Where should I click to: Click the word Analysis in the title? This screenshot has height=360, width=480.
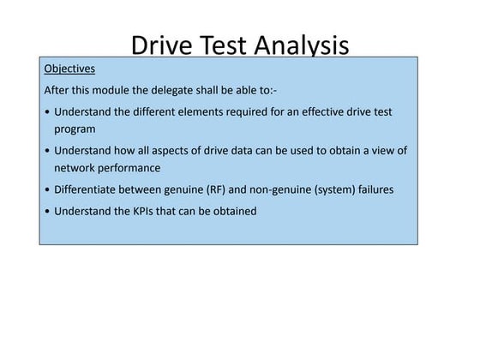[x=296, y=45]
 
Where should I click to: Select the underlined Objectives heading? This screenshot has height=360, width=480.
[x=69, y=68]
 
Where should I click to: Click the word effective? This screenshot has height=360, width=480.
[x=327, y=112]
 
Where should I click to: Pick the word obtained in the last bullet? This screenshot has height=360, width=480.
[x=232, y=211]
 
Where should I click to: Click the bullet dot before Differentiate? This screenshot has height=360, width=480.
[x=45, y=189]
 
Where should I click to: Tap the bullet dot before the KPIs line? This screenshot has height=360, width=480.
[x=45, y=211]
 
